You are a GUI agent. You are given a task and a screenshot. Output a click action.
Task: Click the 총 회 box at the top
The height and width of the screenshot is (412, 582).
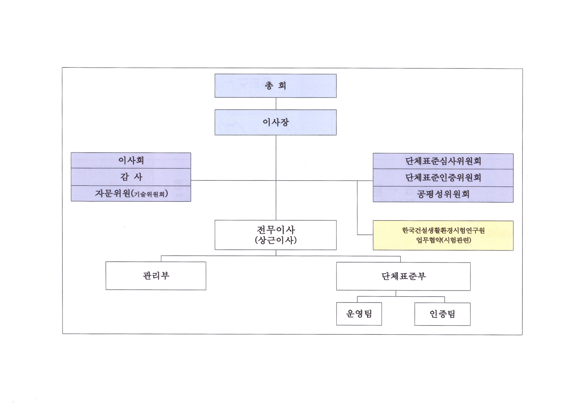pos(275,86)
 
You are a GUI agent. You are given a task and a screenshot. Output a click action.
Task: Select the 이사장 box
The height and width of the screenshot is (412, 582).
pos(275,122)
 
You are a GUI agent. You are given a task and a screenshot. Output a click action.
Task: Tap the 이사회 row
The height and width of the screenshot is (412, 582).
pos(131,160)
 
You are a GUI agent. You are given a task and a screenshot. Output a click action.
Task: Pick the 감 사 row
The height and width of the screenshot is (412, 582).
pos(131,177)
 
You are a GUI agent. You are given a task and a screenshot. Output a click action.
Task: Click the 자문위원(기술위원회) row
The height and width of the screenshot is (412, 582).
pos(131,194)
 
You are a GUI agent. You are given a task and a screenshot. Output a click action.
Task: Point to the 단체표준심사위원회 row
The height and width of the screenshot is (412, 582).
pos(443,161)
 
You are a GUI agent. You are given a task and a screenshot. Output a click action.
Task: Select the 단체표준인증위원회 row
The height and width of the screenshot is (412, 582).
pos(443,178)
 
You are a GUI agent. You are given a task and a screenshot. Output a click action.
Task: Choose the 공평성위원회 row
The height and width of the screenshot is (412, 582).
pos(443,194)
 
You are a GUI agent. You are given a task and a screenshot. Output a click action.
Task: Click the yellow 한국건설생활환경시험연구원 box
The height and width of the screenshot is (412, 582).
pos(443,235)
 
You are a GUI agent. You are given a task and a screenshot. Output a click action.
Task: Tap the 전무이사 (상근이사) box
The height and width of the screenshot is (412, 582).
pos(275,235)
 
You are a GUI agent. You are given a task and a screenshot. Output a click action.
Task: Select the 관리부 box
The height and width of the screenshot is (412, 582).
pos(156,276)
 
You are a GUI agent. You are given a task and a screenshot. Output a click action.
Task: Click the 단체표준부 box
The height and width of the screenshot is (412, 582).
pos(403,276)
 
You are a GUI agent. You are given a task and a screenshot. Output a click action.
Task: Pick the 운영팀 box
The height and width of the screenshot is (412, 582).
pos(359,314)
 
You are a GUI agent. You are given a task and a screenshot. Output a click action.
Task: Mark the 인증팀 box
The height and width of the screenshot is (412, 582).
pos(442,314)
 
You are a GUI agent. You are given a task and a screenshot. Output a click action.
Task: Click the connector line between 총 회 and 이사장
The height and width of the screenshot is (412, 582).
pos(276,103)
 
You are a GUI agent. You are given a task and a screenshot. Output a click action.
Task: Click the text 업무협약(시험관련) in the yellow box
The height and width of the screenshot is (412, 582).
pos(444,240)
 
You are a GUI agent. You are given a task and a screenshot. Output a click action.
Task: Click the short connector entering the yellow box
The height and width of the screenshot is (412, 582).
pos(365,235)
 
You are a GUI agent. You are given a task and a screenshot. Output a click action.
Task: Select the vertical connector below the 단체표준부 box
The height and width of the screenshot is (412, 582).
pos(396,294)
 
